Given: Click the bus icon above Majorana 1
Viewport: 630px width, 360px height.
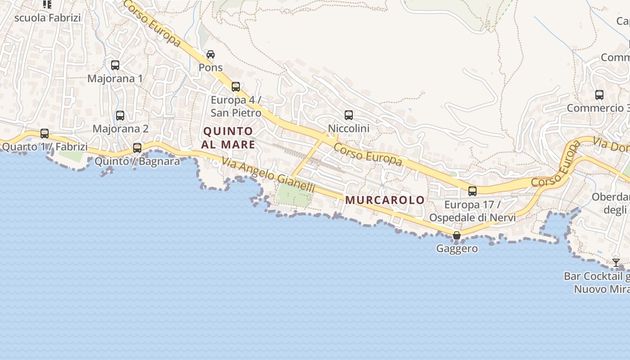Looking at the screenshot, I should pos(115,65).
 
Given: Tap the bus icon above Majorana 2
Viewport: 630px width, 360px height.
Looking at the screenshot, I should pos(120,116).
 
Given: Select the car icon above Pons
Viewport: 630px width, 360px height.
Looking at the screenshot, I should pos(210,54).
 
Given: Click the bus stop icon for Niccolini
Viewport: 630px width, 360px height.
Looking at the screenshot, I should pos(349,115).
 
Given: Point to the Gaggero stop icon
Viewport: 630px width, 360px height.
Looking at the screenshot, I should pos(457,235).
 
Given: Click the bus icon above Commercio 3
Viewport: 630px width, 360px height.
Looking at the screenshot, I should pos(599,95).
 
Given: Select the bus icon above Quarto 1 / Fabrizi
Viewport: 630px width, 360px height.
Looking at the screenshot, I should pos(45,134).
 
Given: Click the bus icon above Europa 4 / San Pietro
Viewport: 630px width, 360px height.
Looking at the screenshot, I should pos(236,87).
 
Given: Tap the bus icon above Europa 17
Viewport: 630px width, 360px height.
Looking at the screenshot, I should pos(472,191).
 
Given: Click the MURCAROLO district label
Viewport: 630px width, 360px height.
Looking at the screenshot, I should pos(385,200).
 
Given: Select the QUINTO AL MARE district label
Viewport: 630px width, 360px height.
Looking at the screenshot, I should pos(228,138).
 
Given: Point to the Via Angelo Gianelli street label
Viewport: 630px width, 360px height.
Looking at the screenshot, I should pos(268,175).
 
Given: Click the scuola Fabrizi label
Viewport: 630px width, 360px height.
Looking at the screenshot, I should pos(48,18).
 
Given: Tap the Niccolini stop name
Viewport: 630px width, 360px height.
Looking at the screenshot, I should pos(349,129).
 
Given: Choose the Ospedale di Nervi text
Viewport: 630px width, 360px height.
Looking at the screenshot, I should pos(472,218).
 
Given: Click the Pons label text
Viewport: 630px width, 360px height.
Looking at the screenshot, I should pos(211,67).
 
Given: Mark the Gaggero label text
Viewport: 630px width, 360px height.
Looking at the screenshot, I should pos(457,248).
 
